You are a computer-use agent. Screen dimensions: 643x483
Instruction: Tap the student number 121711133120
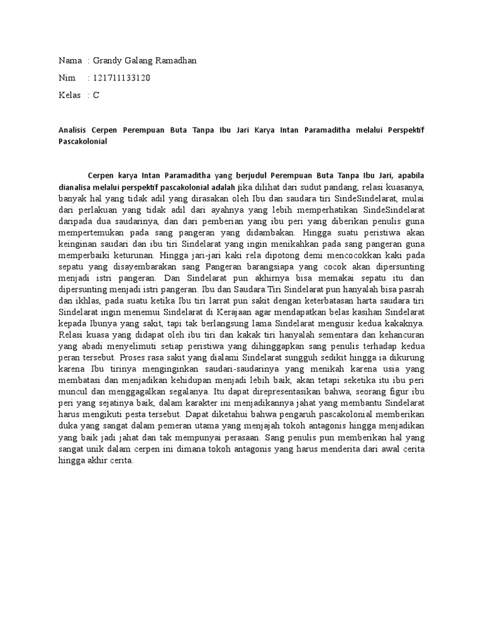point(121,78)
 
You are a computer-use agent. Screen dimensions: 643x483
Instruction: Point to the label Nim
point(66,78)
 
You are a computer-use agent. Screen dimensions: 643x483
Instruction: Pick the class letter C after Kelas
point(96,95)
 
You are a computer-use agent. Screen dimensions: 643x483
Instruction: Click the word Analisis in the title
point(72,130)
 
